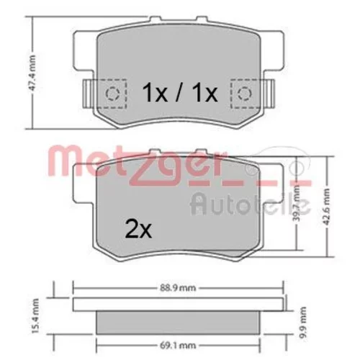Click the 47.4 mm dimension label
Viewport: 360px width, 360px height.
point(33,73)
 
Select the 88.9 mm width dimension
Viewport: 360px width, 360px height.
point(178,288)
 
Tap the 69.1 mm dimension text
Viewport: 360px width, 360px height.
point(178,346)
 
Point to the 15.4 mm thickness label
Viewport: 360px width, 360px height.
point(35,316)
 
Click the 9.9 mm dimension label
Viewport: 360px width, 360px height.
point(303,323)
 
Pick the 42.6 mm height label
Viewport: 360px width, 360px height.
point(326,207)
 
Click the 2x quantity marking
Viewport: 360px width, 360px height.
point(138,230)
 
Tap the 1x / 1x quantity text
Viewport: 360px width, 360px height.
point(180,93)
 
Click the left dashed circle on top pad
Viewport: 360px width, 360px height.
point(112,93)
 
